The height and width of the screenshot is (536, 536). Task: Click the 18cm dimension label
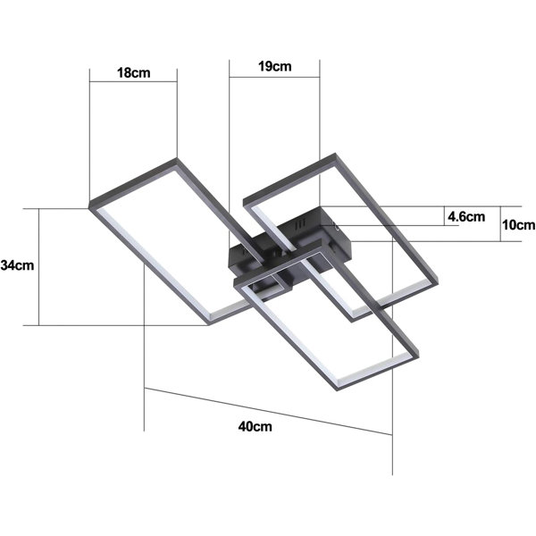134,73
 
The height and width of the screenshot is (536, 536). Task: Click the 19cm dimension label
275,66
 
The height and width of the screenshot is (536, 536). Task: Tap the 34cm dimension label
18,265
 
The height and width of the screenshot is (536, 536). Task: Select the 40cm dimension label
255,427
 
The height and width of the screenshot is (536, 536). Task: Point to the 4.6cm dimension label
466,217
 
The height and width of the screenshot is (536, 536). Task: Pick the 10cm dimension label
518,225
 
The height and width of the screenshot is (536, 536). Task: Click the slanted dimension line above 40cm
268,411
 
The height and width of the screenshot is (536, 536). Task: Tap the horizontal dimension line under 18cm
133,81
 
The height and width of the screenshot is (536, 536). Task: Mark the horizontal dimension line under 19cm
274,77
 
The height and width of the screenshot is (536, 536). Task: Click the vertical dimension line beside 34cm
39,267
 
